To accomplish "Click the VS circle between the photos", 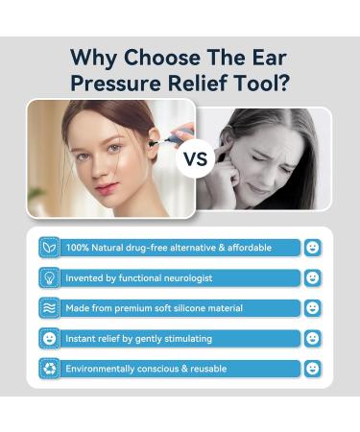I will coord(195,157).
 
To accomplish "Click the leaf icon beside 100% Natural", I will coord(48,248).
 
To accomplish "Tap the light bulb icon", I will coord(48,277).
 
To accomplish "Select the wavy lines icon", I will coord(48,308).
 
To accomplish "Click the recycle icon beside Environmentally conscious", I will coord(48,369).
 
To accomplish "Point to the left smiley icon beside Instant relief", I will coord(48,338).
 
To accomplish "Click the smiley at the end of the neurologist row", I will coord(312,277).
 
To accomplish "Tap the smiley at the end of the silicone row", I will coord(312,308).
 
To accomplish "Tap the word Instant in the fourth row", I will coord(82,338).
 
